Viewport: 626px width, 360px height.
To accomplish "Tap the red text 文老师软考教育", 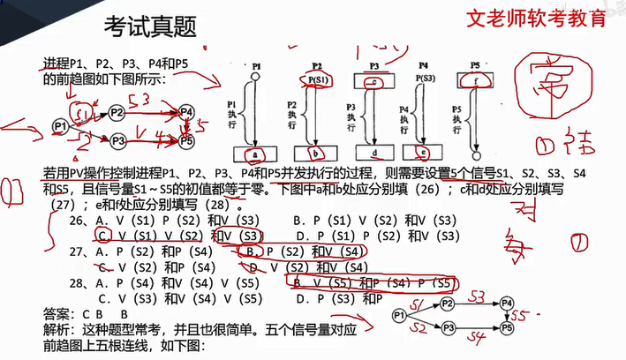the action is click(x=536, y=19).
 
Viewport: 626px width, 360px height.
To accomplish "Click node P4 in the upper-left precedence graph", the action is click(x=185, y=112).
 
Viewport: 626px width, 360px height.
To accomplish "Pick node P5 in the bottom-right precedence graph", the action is click(x=506, y=327).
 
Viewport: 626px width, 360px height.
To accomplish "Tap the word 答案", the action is click(x=56, y=312).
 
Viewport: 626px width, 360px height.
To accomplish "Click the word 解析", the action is click(x=56, y=328).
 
